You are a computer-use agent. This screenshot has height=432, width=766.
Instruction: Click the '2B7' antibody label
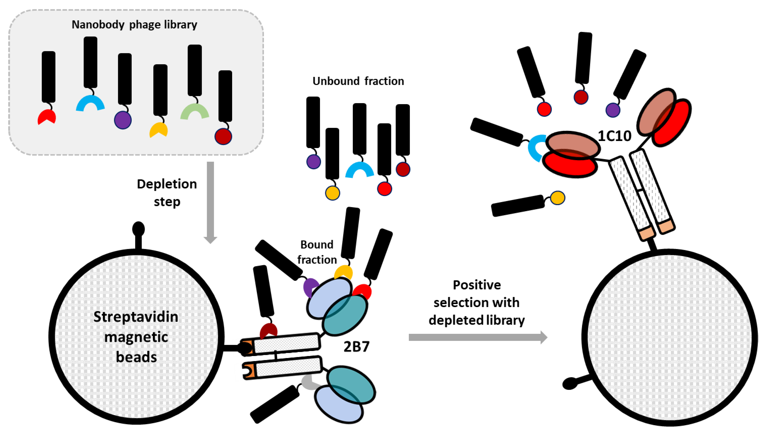(356, 346)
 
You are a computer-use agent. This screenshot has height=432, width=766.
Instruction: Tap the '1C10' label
(614, 136)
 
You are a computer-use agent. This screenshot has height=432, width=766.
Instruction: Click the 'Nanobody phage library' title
(134, 24)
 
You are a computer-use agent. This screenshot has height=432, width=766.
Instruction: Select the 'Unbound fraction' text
(358, 81)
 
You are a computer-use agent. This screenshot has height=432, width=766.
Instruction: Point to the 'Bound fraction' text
(317, 252)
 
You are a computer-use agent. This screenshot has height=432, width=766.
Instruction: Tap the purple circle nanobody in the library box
(123, 120)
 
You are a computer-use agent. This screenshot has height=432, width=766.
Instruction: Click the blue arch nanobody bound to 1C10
(536, 148)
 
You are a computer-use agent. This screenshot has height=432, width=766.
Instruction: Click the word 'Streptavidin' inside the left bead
(136, 317)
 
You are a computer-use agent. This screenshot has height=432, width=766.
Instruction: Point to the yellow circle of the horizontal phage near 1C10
(557, 198)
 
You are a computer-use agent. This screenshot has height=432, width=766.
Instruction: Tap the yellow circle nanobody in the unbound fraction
(332, 193)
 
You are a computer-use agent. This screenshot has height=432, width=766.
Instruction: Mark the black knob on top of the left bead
(138, 229)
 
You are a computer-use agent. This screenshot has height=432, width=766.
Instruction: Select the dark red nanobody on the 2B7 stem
(269, 330)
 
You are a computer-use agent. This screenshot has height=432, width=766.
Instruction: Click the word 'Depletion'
(167, 184)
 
